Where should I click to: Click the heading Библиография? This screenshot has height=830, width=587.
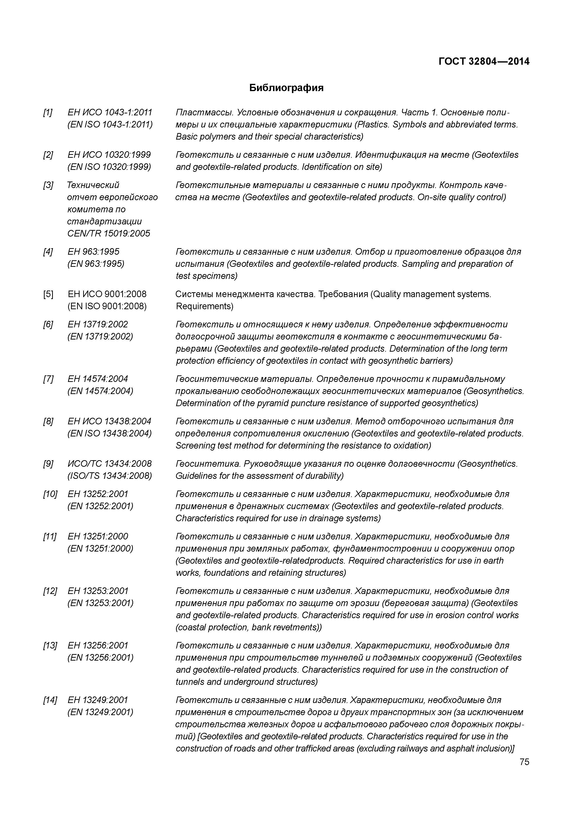point(286,88)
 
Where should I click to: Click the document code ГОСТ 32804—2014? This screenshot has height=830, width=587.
point(483,62)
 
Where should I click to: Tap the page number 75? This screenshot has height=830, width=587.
point(524,762)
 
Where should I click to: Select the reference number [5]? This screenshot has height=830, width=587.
point(48,294)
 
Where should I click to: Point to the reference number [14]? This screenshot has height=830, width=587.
point(50,700)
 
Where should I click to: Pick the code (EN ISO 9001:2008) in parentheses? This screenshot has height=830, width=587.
point(107,307)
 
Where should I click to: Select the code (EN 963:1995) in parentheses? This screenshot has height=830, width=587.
point(96,264)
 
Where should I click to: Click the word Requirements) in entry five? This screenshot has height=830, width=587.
point(204,307)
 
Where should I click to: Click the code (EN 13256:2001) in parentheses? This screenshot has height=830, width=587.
point(100,657)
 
